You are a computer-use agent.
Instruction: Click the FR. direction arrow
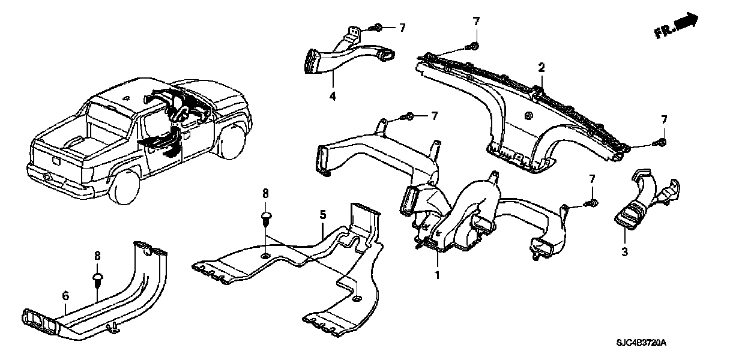tap(677, 25)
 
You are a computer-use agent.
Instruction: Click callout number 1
tap(438, 275)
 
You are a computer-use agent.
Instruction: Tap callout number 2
tap(541, 68)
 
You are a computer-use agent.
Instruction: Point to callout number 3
tap(625, 252)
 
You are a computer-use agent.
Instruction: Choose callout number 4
tap(333, 96)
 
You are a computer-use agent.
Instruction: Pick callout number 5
tap(322, 215)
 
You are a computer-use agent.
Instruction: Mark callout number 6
tap(65, 296)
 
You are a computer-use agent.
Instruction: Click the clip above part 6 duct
tap(98, 280)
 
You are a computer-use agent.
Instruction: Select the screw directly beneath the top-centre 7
tap(472, 47)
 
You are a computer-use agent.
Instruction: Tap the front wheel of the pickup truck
tap(234, 143)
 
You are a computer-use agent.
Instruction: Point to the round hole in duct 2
tap(528, 115)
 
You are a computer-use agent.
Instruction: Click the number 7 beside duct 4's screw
tap(402, 28)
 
